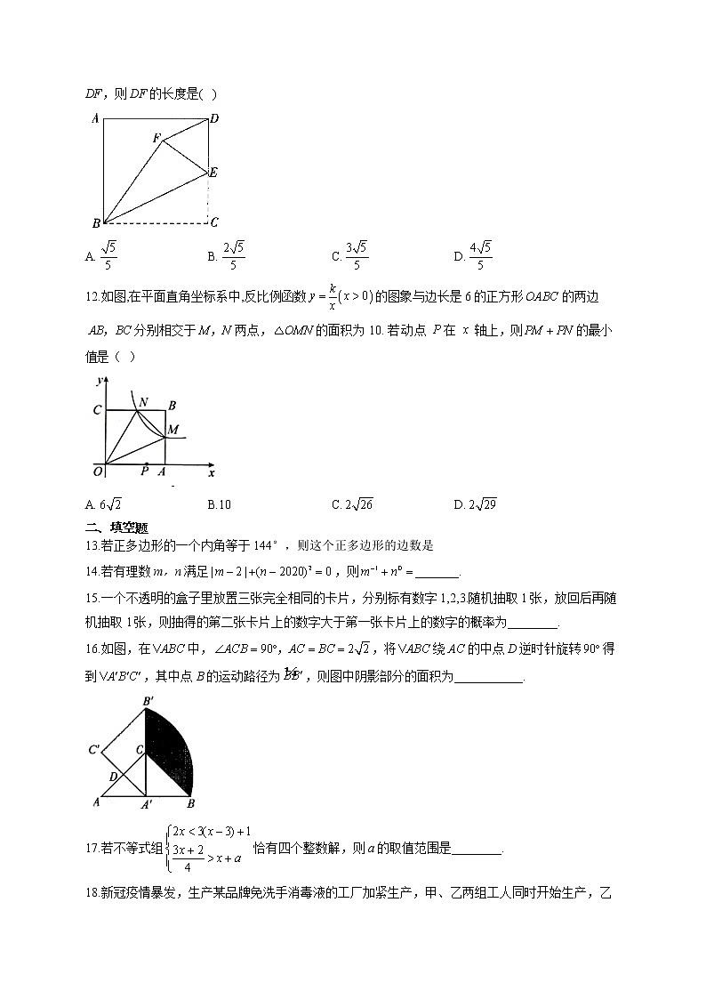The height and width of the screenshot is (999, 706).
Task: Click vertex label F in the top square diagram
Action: [x=156, y=138]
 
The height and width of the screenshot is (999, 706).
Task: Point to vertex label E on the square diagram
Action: [x=213, y=173]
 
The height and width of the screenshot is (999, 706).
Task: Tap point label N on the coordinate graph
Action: [x=143, y=400]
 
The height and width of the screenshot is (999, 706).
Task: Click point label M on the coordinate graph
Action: [x=173, y=431]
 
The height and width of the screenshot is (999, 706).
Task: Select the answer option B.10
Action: [x=220, y=504]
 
